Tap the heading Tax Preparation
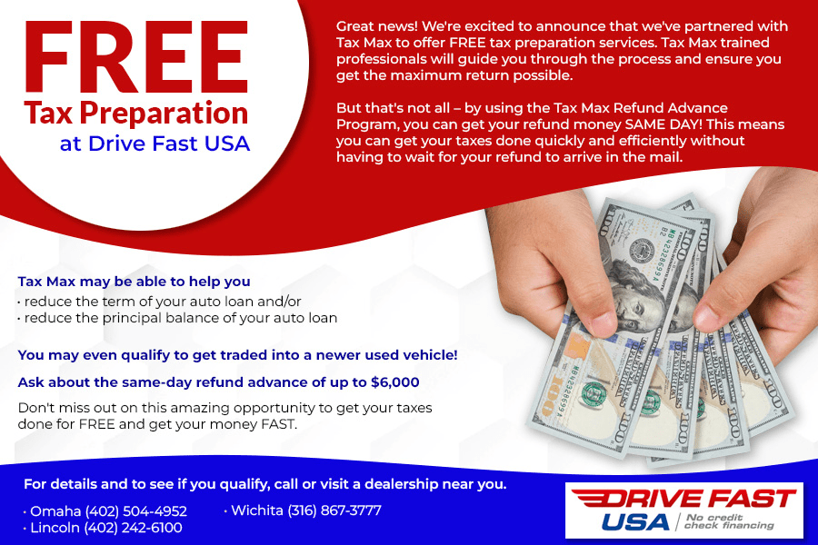[136, 114]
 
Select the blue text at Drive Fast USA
[155, 144]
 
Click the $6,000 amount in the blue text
[397, 382]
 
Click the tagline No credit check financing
[730, 520]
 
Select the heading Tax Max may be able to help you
[134, 282]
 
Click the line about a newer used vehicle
[237, 354]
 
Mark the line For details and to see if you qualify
[264, 483]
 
